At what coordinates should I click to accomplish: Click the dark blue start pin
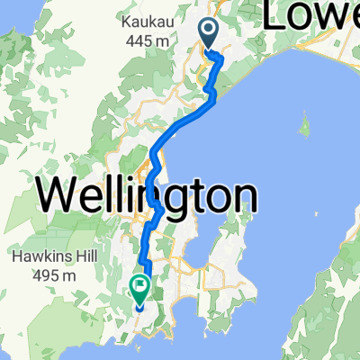pyautogui.click(x=208, y=34)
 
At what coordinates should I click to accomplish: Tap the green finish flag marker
pyautogui.click(x=140, y=288)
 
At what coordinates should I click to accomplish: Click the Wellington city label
pyautogui.click(x=146, y=195)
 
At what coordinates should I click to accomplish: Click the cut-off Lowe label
pyautogui.click(x=310, y=16)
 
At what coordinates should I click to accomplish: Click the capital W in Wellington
pyautogui.click(x=57, y=195)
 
